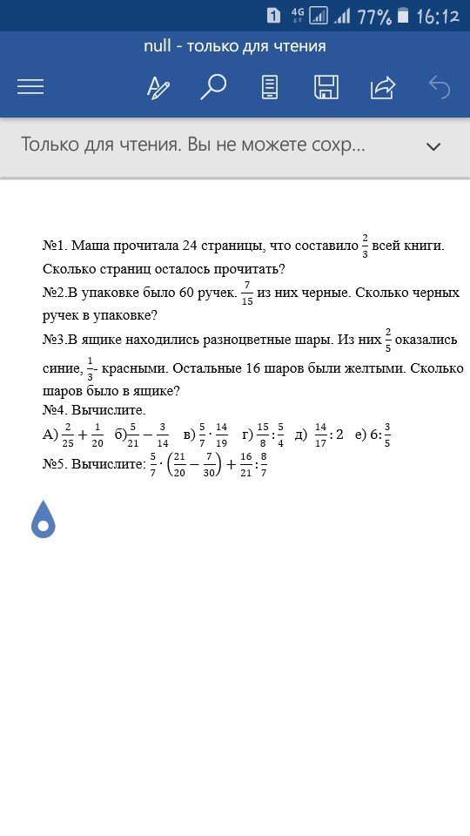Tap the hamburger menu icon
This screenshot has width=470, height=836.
click(x=30, y=87)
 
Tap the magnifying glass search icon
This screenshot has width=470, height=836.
click(x=213, y=87)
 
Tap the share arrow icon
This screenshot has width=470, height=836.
click(x=382, y=87)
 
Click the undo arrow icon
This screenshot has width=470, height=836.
click(x=440, y=87)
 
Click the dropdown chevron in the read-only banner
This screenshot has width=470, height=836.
click(x=433, y=146)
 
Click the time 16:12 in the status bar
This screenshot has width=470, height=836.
click(x=438, y=17)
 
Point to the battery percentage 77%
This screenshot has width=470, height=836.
click(x=374, y=17)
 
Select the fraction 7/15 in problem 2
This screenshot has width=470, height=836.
click(x=248, y=293)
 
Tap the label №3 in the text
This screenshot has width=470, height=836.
click(x=55, y=340)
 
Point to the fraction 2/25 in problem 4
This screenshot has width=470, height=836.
click(x=67, y=434)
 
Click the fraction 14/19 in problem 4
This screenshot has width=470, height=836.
click(x=221, y=434)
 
